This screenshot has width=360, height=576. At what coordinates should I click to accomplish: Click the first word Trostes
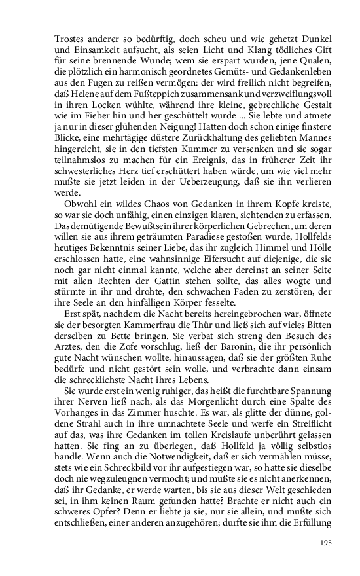69,39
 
